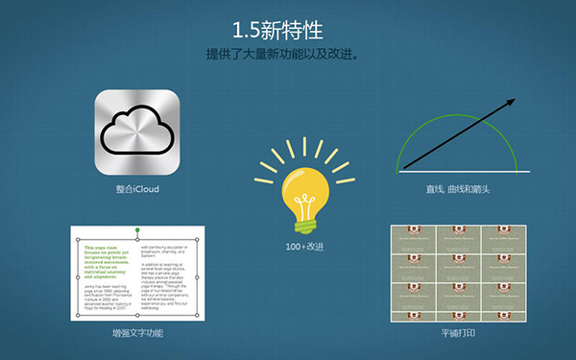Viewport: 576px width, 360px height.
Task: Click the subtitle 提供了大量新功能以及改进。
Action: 287,54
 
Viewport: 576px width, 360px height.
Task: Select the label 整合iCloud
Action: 137,190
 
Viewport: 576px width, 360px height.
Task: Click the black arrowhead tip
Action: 514,100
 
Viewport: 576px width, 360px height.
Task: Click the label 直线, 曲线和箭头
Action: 464,190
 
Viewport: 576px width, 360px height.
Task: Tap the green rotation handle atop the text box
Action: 140,230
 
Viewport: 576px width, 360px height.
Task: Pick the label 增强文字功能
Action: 137,332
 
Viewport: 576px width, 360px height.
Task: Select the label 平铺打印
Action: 464,332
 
